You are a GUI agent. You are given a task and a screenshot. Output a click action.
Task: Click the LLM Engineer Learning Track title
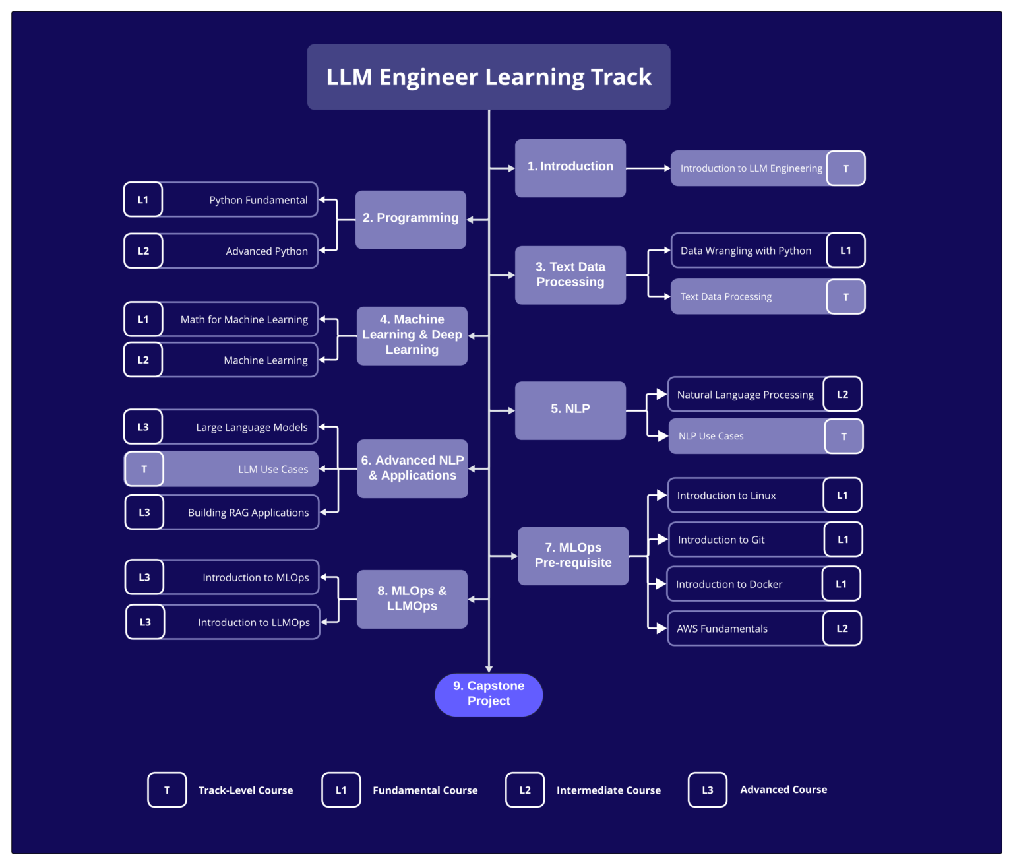coord(489,77)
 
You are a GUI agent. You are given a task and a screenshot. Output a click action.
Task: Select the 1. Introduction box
coord(570,168)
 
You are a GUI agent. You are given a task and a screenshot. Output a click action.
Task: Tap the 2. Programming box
coord(410,219)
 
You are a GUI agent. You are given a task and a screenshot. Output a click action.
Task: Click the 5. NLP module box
coord(570,410)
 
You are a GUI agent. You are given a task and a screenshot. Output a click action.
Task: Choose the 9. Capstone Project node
coord(489,694)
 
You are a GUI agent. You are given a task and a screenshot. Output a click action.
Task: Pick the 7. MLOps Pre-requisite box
coord(572,556)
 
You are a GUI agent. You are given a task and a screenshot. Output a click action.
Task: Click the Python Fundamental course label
coord(258,200)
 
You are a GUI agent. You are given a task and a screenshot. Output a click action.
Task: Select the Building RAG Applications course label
coord(248,513)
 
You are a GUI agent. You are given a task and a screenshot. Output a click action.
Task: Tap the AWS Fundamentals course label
coord(721,629)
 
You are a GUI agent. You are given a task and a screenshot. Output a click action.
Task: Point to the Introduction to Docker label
coord(729,584)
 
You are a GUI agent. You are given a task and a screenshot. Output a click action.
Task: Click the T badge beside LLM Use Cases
coord(144,469)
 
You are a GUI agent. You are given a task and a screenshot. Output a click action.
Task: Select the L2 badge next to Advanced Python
coord(143,251)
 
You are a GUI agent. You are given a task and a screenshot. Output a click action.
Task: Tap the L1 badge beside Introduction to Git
coord(843,540)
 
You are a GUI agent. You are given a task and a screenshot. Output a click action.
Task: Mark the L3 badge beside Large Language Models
coord(143,427)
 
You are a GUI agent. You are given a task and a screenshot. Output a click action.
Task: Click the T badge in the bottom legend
coord(167,790)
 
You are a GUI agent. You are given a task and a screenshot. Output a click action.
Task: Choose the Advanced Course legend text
coord(783,790)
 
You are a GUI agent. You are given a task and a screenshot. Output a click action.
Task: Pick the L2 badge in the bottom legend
coord(525,790)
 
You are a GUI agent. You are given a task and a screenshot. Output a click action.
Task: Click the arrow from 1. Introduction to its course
coord(648,168)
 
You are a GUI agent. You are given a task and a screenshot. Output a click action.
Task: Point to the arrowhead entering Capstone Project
coord(489,668)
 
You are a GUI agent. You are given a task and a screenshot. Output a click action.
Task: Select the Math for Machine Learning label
coord(244,319)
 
